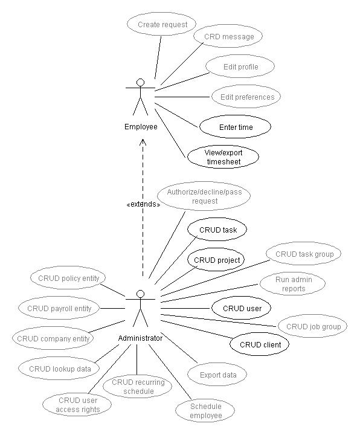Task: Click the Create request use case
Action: [162, 24]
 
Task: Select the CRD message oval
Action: [228, 36]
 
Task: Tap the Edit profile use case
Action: [240, 66]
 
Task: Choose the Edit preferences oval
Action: [246, 97]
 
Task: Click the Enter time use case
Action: [235, 127]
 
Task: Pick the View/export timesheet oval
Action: [223, 156]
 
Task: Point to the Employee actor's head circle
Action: [141, 82]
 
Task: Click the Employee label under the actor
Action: [141, 127]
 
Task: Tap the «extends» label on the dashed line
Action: [143, 204]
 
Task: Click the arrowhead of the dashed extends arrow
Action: [143, 140]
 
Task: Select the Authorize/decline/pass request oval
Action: [204, 196]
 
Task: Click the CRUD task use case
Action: [217, 230]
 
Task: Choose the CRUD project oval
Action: [216, 260]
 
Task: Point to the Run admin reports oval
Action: [292, 283]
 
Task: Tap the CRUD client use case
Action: [260, 344]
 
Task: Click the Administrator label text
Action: [140, 338]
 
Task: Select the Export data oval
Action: [217, 375]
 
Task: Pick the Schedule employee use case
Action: [205, 411]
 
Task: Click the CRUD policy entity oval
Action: [68, 278]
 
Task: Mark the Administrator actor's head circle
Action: [141, 294]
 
